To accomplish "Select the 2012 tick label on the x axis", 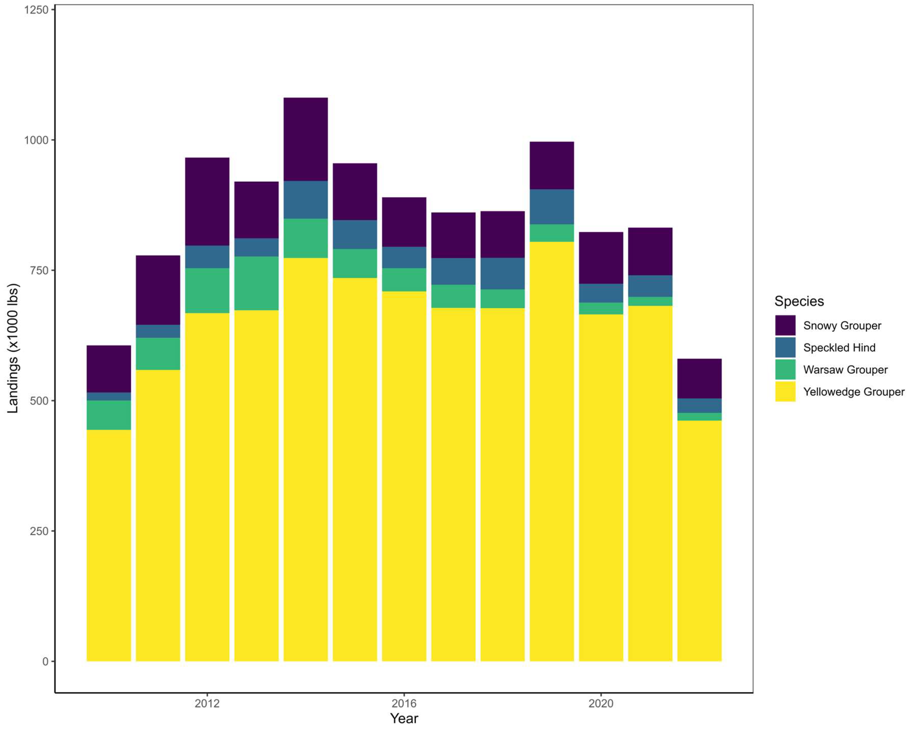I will coord(207,703).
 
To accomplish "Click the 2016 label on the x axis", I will coord(404,703).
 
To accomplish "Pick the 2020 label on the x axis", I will coord(601,703).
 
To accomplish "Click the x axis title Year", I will coord(404,718).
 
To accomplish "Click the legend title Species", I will coord(799,301).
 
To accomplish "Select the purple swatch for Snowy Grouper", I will coord(785,325).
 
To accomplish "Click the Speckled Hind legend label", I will coord(839,348).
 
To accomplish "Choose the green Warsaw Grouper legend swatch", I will coord(785,370).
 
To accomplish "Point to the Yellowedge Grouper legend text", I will coord(854,392).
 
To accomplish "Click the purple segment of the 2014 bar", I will coord(306,139).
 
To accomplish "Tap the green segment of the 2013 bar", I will coord(256,283).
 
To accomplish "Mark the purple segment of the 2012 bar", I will coord(207,202).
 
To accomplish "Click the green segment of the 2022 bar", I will coord(699,416).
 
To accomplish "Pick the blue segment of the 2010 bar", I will coord(109,397).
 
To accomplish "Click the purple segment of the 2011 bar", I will coord(158,290).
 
